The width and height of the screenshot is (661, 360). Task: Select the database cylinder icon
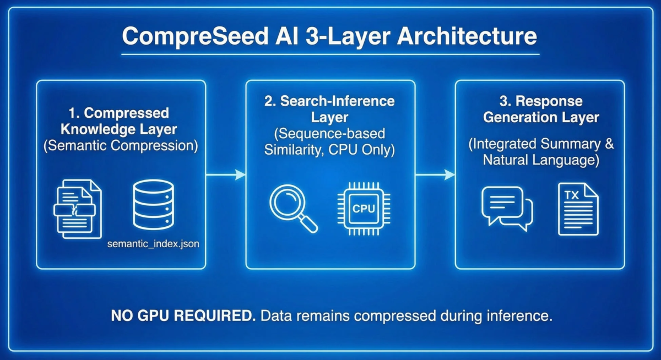(x=154, y=204)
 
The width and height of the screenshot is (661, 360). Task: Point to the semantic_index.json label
(x=153, y=243)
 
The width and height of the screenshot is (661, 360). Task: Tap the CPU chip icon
(x=363, y=208)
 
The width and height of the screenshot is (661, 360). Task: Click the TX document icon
(x=577, y=209)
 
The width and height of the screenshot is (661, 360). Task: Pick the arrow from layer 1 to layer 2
(x=226, y=174)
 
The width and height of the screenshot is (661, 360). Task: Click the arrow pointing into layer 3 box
(x=435, y=174)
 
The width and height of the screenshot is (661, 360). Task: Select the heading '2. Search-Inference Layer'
(x=330, y=109)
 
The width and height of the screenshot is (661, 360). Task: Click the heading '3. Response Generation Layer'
(x=540, y=109)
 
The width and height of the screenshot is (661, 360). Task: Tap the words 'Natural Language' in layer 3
(x=540, y=160)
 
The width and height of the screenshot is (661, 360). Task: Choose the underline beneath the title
(x=329, y=55)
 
